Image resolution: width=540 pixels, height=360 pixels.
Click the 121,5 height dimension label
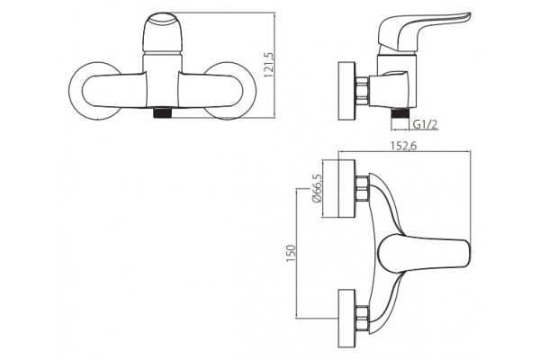click(268, 65)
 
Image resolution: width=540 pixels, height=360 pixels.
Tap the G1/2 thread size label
click(426, 124)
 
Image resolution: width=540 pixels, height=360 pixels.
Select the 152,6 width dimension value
click(403, 146)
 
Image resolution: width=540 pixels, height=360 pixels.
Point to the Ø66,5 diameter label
click(317, 188)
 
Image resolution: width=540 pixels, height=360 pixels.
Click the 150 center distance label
click(291, 253)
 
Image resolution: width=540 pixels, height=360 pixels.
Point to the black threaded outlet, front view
click(162, 113)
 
